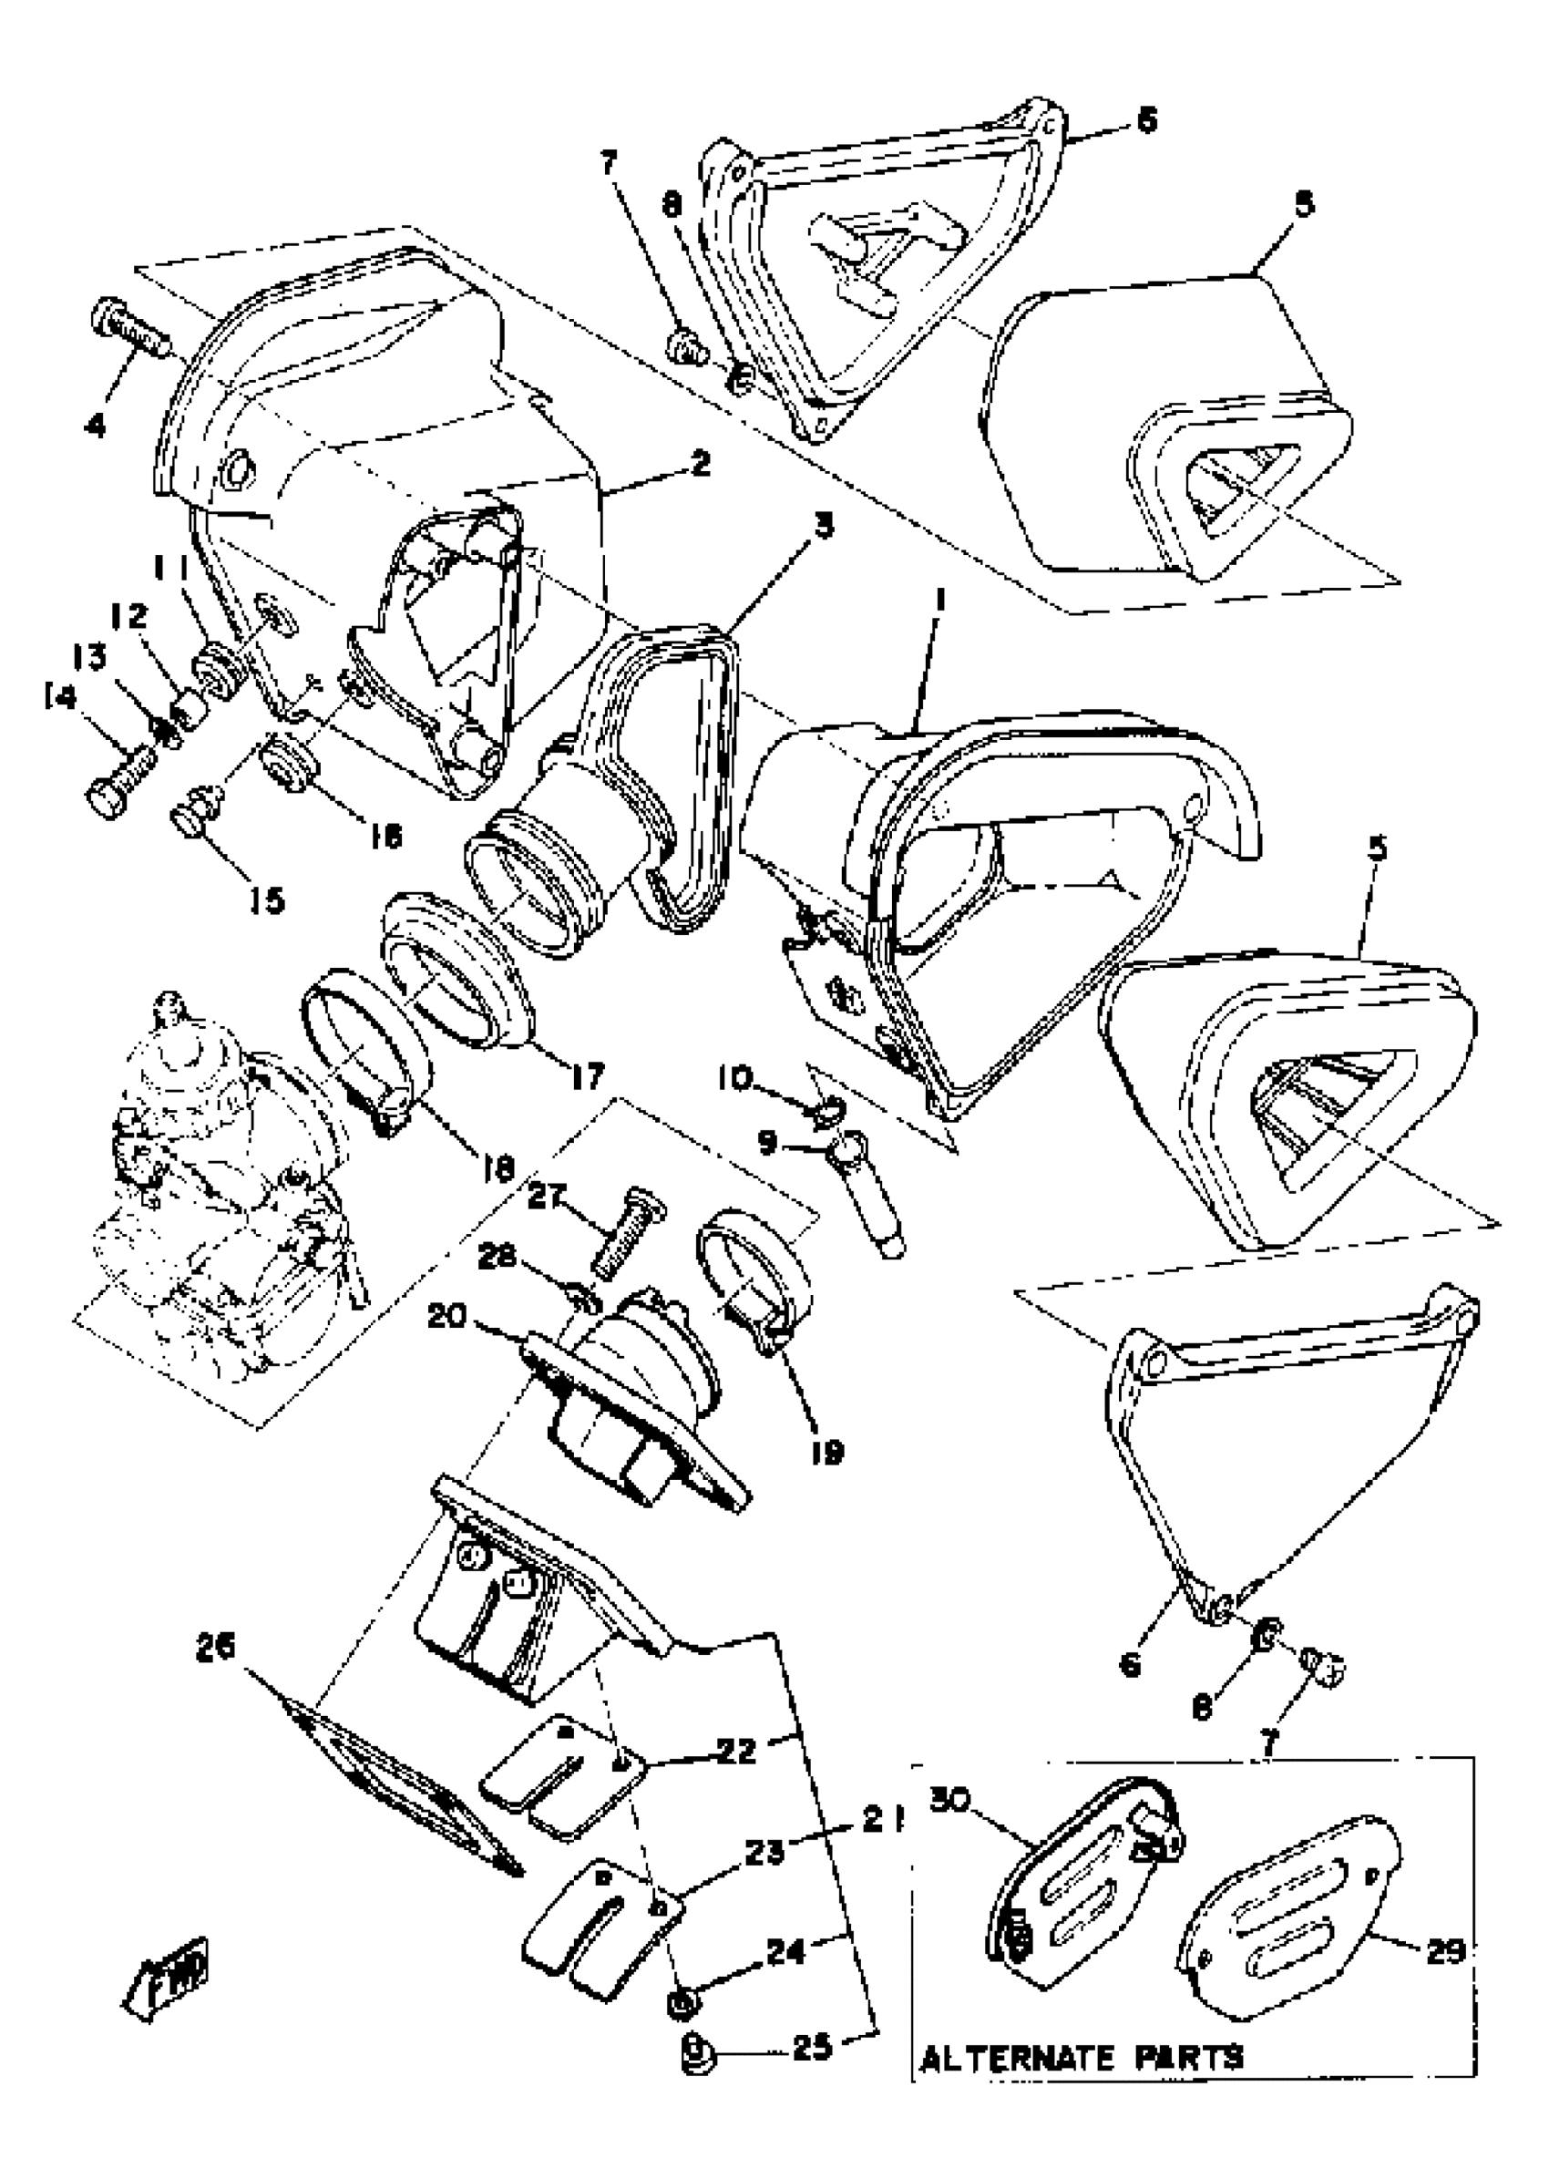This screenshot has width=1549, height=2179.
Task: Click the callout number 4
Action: (96, 425)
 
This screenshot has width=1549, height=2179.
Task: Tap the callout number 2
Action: (701, 465)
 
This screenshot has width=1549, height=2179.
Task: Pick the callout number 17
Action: (588, 1077)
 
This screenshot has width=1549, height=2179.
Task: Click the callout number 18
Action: (498, 1167)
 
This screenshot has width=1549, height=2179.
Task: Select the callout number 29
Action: (1445, 1952)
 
